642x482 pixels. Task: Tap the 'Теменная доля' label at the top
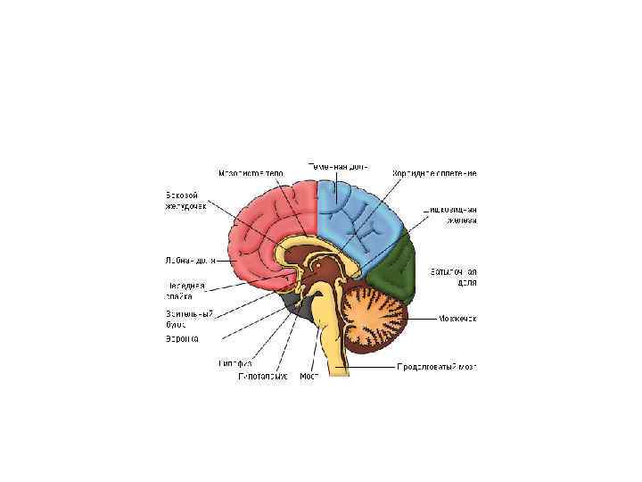tap(337, 166)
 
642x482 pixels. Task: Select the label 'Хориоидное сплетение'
tap(435, 171)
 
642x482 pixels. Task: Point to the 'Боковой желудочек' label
tap(185, 201)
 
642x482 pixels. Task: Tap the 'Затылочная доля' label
tap(454, 276)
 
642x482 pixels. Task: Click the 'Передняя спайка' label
tap(185, 290)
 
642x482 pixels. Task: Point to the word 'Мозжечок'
tap(458, 318)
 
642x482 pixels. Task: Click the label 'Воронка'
tap(182, 339)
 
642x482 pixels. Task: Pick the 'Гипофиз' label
tap(235, 364)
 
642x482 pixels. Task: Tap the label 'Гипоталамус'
tap(262, 377)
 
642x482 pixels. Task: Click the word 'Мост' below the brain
tap(309, 377)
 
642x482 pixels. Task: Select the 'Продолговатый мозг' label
tap(439, 367)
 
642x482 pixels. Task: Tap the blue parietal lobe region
tap(361, 214)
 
